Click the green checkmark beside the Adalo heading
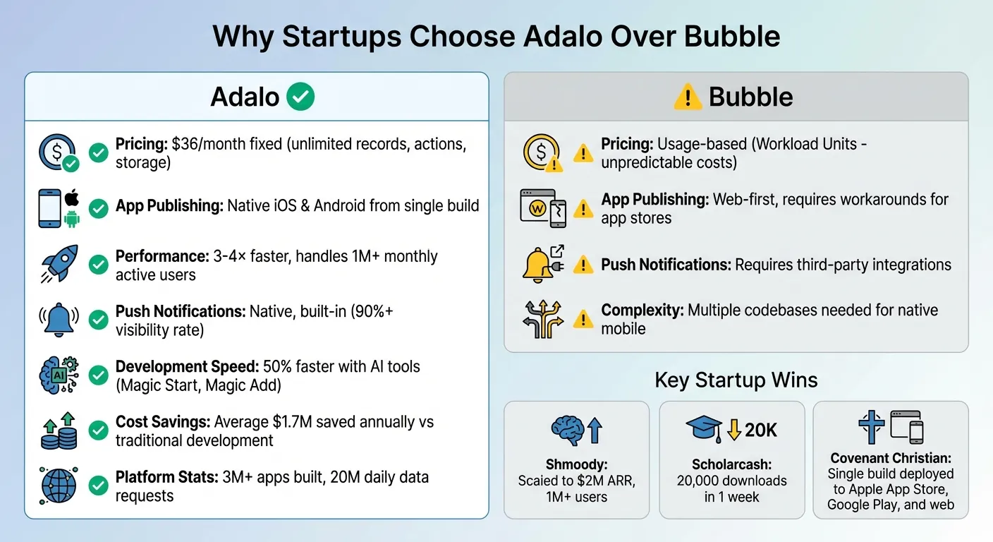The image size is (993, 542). tap(300, 97)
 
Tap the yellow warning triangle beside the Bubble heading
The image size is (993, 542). tap(688, 97)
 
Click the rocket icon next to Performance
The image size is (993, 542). tap(59, 263)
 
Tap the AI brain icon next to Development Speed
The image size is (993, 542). tap(59, 374)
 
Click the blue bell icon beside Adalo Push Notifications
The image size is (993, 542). tap(59, 319)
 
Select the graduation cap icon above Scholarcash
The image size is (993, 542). tap(703, 429)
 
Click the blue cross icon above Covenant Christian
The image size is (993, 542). tap(872, 427)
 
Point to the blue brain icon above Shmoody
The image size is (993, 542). tap(568, 429)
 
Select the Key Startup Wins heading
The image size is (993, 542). tap(736, 380)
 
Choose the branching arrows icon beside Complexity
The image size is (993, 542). tap(542, 319)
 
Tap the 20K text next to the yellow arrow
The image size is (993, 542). tap(760, 429)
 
